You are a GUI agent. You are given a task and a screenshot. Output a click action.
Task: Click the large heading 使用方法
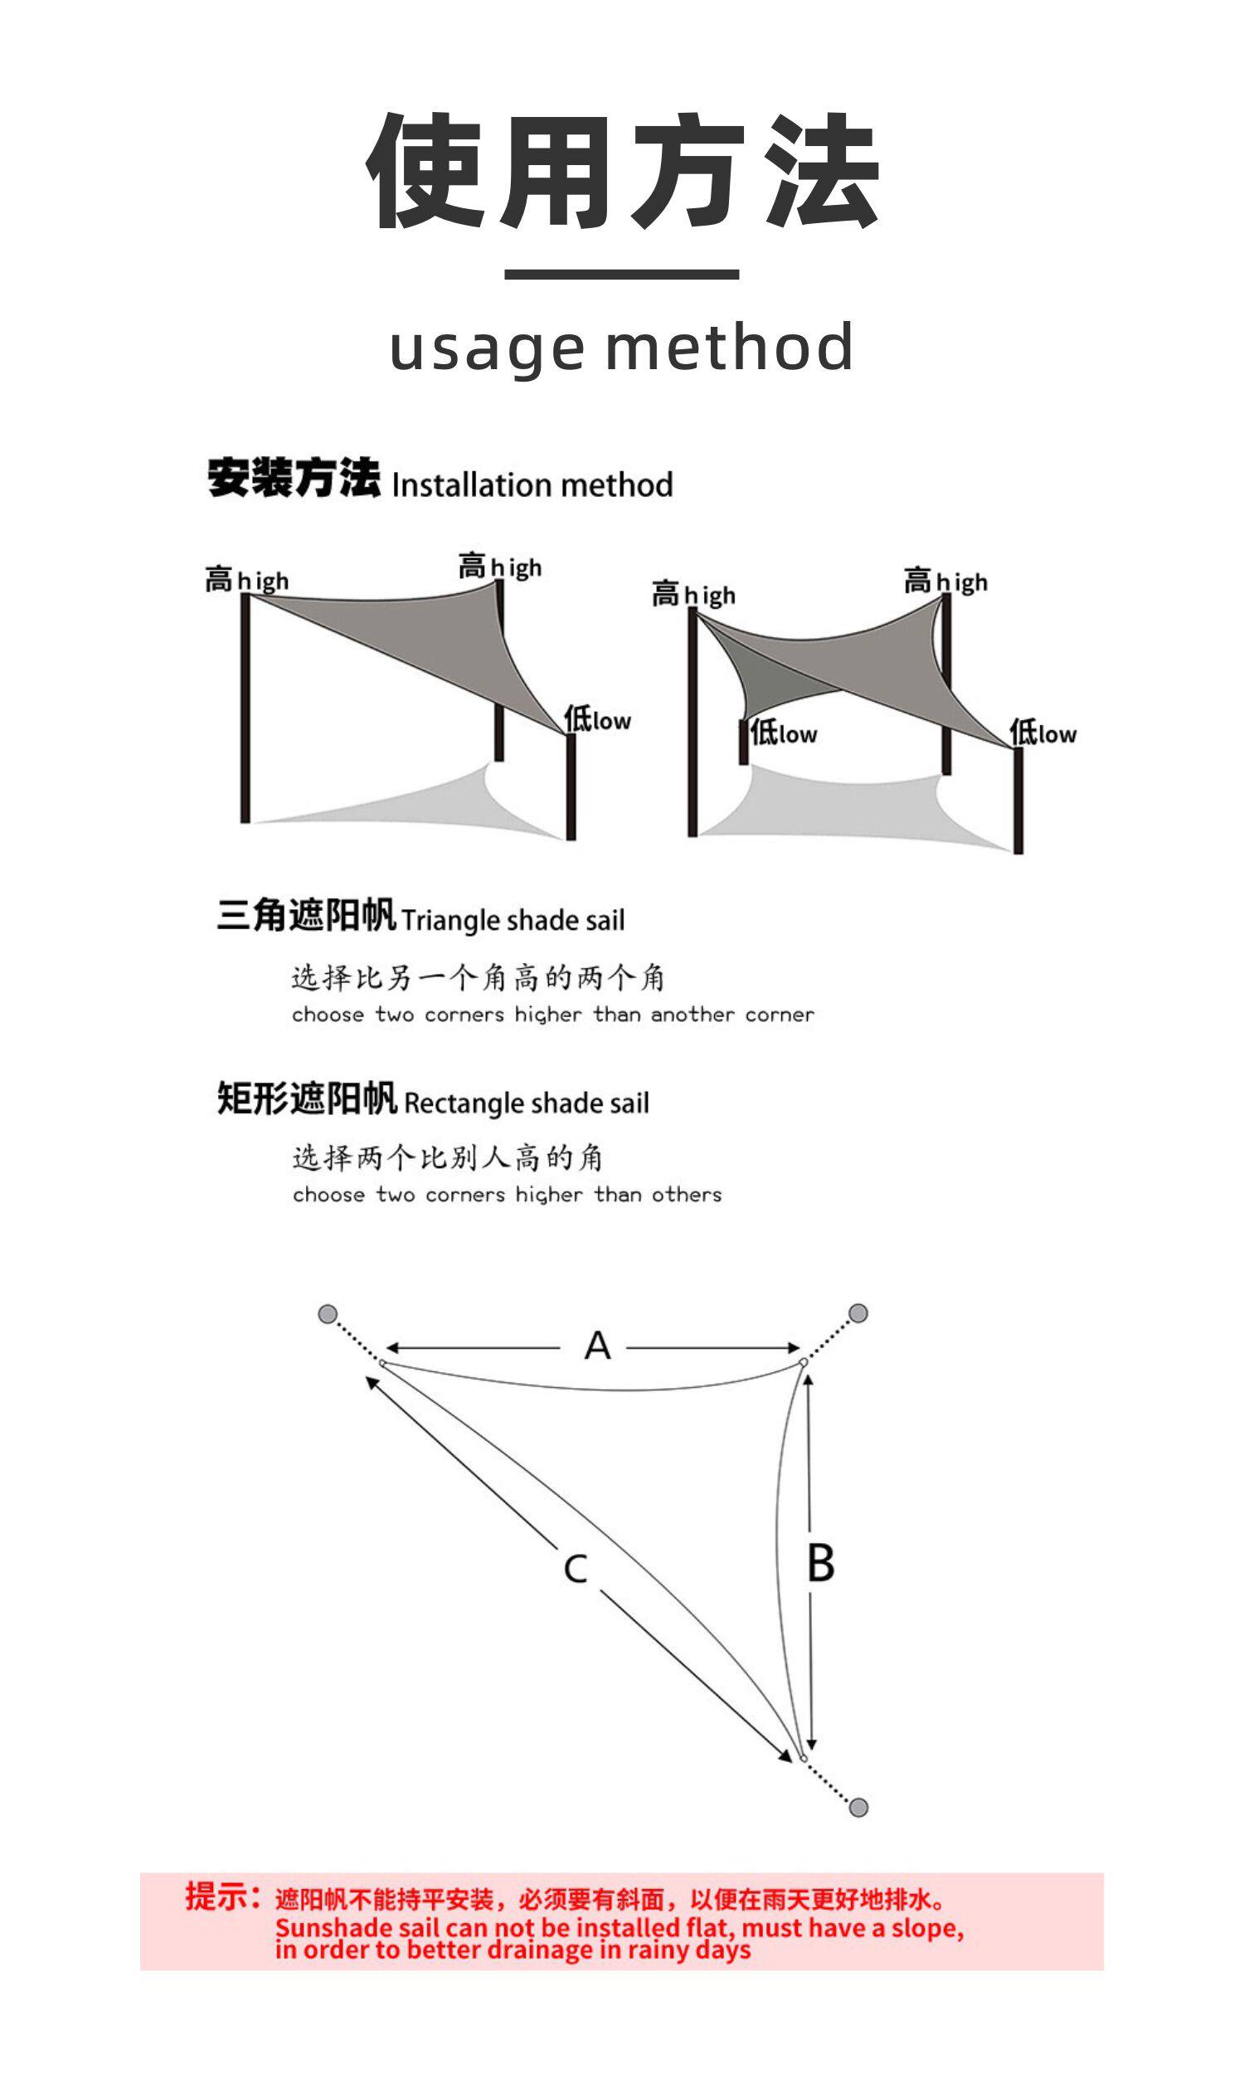[x=622, y=172]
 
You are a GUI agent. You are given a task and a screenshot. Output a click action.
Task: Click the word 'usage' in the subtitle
[x=487, y=348]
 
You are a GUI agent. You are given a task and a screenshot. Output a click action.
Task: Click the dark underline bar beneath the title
[x=621, y=274]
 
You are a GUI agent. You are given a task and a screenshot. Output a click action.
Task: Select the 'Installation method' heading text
[x=532, y=485]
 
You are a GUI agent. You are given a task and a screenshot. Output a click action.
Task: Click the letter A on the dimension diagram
[x=597, y=1346]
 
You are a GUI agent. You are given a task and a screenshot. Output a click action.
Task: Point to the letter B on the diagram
[x=821, y=1565]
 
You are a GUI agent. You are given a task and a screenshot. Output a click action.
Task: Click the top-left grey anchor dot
[x=328, y=1313]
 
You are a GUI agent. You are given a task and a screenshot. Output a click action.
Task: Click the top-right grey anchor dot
[x=858, y=1312]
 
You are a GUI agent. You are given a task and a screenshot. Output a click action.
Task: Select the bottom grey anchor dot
[x=858, y=1808]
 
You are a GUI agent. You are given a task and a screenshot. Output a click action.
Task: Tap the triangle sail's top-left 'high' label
[x=246, y=580]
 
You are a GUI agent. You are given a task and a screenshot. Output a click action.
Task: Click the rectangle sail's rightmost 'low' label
[x=1042, y=733]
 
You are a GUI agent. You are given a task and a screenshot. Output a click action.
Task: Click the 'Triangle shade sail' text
[x=513, y=921]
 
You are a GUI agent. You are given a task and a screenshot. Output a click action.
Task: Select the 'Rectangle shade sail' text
[x=526, y=1103]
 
